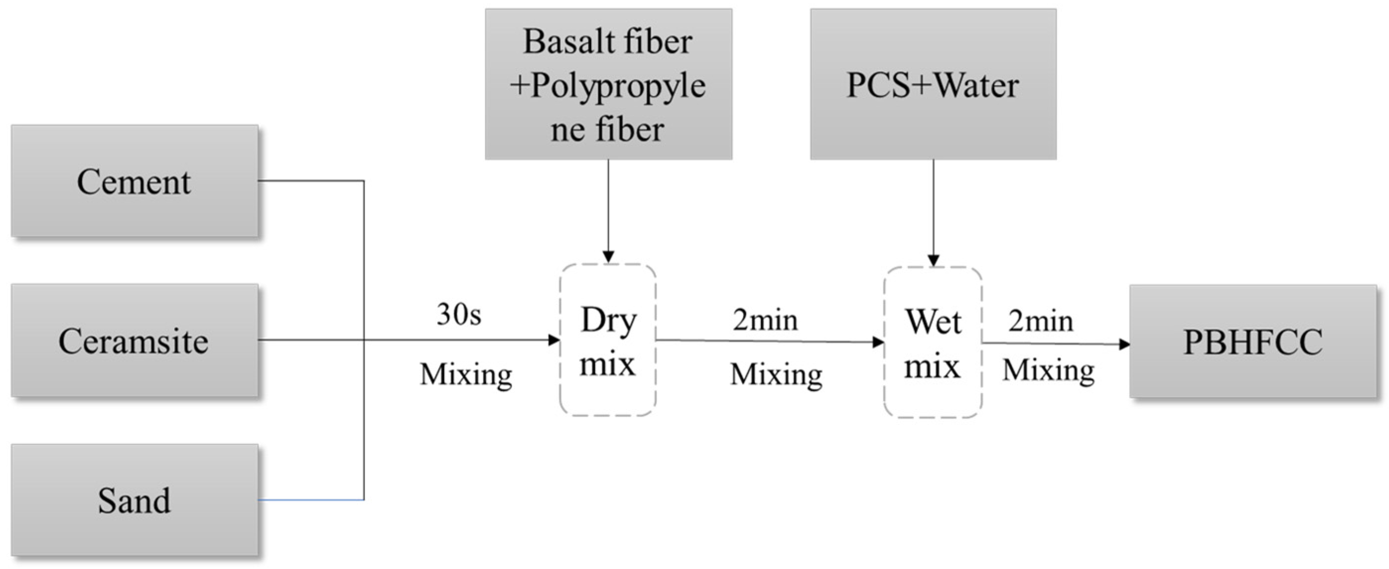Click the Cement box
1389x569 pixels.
click(x=134, y=181)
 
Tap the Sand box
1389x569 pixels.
click(x=134, y=500)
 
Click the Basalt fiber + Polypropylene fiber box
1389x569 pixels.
click(x=608, y=83)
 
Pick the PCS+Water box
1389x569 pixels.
click(x=933, y=83)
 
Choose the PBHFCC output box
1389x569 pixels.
click(x=1253, y=342)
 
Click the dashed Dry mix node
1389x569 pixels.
click(x=608, y=340)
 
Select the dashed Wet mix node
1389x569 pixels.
click(x=932, y=343)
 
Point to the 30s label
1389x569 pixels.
click(x=459, y=314)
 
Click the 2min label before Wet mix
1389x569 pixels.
click(x=765, y=320)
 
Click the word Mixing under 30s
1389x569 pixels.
click(x=466, y=374)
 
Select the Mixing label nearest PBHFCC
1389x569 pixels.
click(x=1048, y=370)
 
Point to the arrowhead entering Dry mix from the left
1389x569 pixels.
click(x=554, y=340)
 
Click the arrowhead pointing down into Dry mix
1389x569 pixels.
click(x=608, y=257)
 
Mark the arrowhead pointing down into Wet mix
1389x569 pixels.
click(x=933, y=260)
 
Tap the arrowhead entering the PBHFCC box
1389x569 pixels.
click(x=1125, y=344)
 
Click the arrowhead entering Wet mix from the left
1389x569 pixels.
click(x=878, y=342)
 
